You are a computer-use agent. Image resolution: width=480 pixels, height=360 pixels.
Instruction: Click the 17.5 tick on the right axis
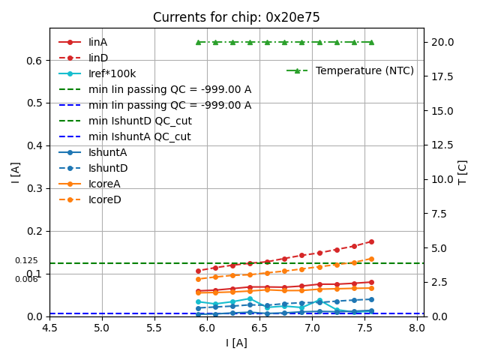pyautogui.click(x=443, y=76)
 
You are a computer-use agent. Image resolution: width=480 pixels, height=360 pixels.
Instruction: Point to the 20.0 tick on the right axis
pyautogui.click(x=443, y=42)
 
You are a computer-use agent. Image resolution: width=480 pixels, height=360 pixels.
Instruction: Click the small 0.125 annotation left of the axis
pyautogui.click(x=26, y=260)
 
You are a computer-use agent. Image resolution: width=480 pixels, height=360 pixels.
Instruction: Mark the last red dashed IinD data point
pyautogui.click(x=371, y=241)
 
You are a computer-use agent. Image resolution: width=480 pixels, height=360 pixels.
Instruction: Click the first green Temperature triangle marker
pyautogui.click(x=198, y=42)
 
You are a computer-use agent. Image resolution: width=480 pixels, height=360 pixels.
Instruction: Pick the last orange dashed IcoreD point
pyautogui.click(x=371, y=259)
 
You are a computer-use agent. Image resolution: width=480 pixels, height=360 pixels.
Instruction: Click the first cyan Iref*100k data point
pyautogui.click(x=198, y=301)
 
